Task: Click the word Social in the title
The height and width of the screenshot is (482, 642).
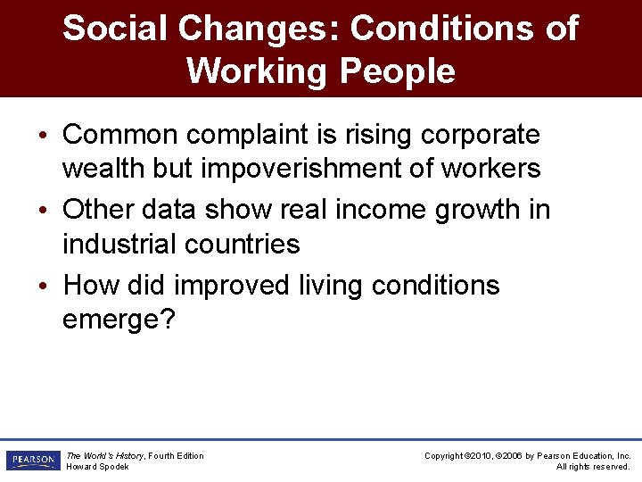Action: click(x=114, y=29)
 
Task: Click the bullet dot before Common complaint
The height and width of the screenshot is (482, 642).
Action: click(x=43, y=136)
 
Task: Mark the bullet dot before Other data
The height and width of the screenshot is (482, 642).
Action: click(x=43, y=211)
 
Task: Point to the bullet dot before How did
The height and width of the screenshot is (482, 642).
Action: click(x=43, y=287)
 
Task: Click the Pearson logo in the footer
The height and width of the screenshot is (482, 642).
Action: click(x=32, y=461)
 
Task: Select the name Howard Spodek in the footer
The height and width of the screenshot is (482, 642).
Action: click(x=97, y=467)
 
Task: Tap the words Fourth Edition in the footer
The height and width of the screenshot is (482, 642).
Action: click(x=176, y=456)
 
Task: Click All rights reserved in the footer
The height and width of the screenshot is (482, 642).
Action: click(x=593, y=467)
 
